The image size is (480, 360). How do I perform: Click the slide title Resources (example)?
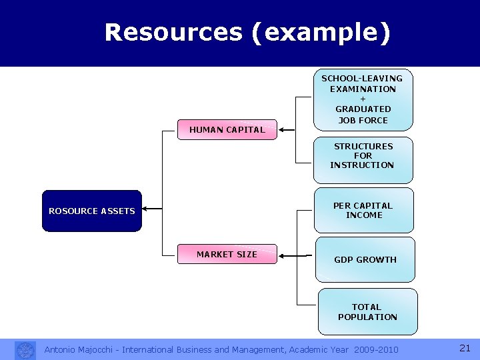tap(247, 32)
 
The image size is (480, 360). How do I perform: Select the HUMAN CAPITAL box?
tap(227, 130)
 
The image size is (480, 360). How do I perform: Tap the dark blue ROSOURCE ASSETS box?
tap(92, 211)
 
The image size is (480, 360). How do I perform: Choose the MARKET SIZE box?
tap(227, 254)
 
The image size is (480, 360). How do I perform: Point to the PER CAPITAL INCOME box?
tap(363, 211)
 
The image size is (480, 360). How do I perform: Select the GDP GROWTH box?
tap(365, 259)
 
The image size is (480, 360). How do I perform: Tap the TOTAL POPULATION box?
tap(367, 311)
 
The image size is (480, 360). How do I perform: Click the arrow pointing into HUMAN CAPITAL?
tap(287, 130)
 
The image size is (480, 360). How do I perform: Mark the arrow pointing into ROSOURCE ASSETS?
tap(152, 209)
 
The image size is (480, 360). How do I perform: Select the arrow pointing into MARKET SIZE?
tap(288, 255)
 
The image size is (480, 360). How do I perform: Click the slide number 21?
tap(465, 348)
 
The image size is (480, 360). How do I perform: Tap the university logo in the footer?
tap(25, 350)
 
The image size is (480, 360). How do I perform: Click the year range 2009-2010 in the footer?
tap(376, 350)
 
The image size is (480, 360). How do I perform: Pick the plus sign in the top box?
tap(363, 99)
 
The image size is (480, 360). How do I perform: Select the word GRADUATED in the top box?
tap(363, 109)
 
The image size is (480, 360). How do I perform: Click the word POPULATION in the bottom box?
tap(367, 317)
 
